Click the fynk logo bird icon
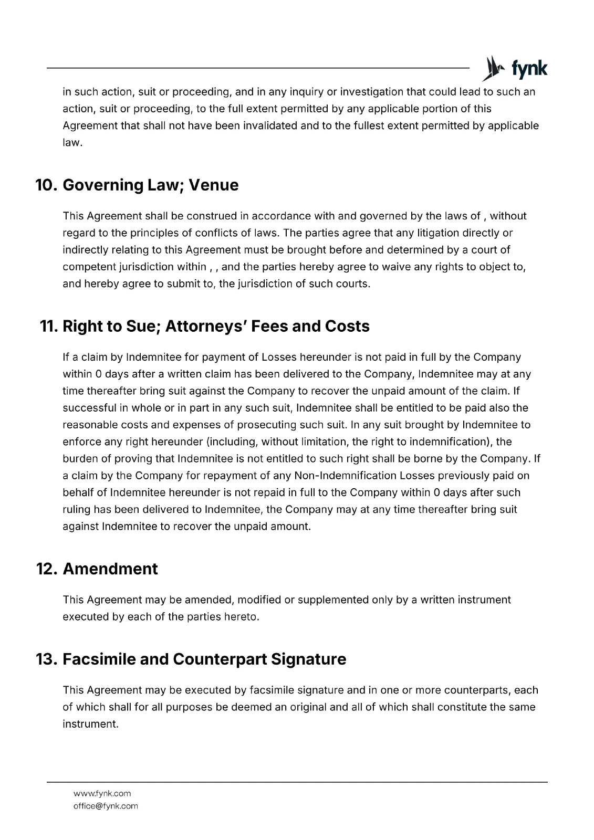[x=492, y=68]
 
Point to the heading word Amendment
[x=110, y=569]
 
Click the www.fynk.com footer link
[x=102, y=793]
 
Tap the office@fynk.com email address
[x=106, y=806]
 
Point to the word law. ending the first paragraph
[x=72, y=143]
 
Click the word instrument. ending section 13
[x=90, y=724]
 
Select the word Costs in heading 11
[x=347, y=327]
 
